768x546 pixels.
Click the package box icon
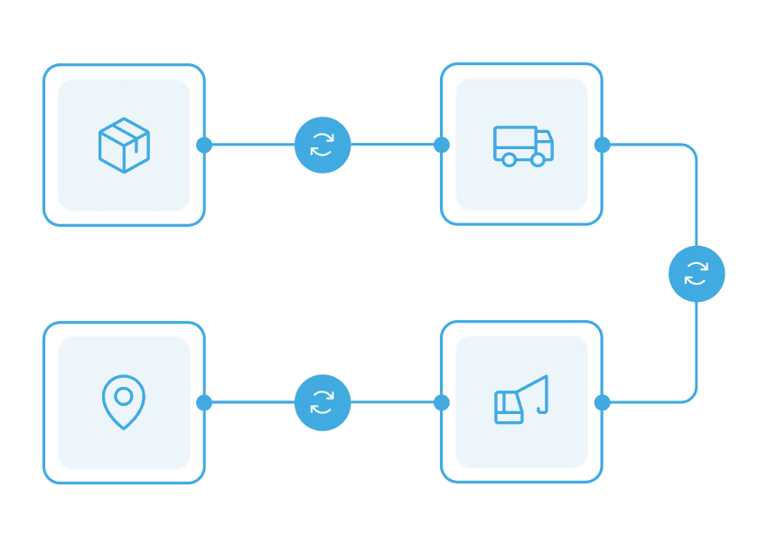124,145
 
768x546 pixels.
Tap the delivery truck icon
522,146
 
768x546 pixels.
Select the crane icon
521,400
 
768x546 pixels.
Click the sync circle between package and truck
323,145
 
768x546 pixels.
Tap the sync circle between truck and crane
697,274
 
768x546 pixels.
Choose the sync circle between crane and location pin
323,402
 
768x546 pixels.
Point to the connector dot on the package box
204,145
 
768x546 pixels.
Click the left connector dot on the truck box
442,145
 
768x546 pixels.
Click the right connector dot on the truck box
603,145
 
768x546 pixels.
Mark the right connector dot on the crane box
603,402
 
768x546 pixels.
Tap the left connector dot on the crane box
442,402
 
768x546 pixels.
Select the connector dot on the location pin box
204,402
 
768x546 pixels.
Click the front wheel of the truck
538,160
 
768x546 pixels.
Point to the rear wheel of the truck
510,160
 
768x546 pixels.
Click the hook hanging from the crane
543,408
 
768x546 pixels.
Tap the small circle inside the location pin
124,396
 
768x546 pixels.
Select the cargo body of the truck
515,142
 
